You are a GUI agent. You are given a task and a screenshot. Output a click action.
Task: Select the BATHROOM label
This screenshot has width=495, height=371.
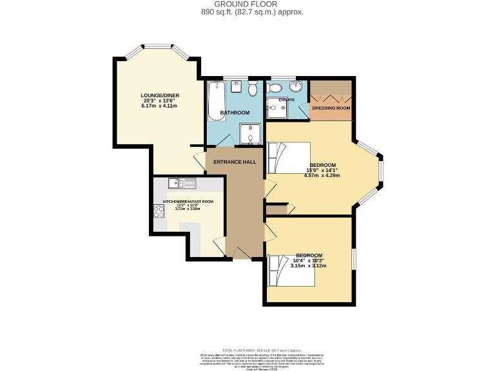coord(235,113)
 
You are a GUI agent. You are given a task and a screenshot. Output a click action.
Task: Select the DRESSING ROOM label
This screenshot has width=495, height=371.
coord(331,108)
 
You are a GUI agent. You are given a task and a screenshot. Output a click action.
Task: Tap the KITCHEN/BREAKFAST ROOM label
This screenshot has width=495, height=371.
coord(188,202)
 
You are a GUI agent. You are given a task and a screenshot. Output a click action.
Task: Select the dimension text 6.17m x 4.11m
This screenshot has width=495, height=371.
coord(160,106)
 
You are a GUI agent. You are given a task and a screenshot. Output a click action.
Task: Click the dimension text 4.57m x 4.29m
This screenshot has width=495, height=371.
coord(322,175)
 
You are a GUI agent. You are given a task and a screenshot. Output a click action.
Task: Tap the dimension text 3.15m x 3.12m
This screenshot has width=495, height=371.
coord(308,265)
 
